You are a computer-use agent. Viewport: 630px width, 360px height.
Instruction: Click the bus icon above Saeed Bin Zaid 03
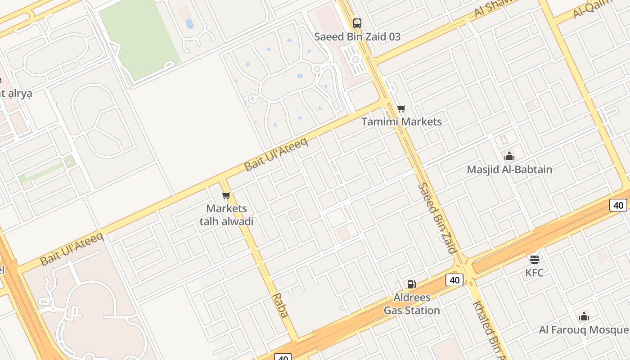[357, 23]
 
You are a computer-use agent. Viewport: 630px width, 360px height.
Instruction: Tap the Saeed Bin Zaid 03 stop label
[357, 37]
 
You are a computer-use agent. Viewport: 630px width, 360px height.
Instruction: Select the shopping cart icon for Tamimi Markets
[401, 108]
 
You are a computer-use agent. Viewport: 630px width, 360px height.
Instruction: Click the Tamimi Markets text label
[402, 121]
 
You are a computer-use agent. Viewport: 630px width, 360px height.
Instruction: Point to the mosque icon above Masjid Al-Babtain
[509, 156]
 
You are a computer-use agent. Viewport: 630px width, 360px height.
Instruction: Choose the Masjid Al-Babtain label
[509, 170]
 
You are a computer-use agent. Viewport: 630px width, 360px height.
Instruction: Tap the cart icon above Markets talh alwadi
[226, 195]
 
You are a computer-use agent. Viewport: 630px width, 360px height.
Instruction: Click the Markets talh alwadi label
[227, 215]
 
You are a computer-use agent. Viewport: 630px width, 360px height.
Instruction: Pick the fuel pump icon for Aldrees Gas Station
[411, 284]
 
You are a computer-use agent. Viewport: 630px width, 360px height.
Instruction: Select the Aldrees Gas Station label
[412, 304]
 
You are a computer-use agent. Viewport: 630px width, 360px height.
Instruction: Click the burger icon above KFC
[535, 259]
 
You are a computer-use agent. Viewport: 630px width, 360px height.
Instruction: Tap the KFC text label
[535, 273]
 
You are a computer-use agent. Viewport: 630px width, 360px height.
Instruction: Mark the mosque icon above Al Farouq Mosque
[584, 316]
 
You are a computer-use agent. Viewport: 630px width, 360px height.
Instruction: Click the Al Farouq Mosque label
[584, 330]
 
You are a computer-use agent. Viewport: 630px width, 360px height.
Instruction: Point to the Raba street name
[280, 306]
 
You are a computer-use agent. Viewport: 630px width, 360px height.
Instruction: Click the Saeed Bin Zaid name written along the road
[438, 218]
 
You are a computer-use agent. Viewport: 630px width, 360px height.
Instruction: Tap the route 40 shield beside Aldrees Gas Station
[454, 280]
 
